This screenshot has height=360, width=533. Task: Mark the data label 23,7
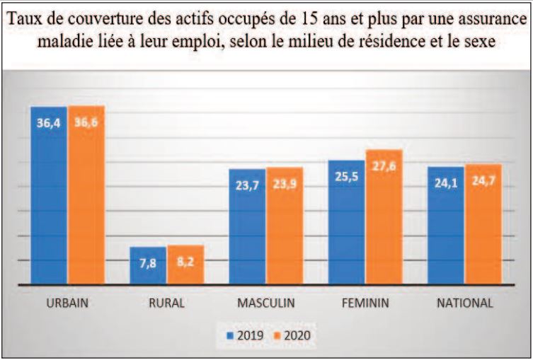point(247,186)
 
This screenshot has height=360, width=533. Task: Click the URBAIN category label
point(67,303)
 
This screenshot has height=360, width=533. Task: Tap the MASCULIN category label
point(266,303)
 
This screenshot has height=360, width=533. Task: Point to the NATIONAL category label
point(464,303)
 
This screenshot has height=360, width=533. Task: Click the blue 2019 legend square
point(229,335)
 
